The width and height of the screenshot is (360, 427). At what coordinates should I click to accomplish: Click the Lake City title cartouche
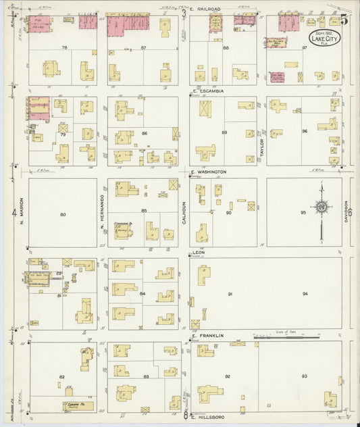[325, 38]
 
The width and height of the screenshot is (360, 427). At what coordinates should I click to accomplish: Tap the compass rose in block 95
[322, 207]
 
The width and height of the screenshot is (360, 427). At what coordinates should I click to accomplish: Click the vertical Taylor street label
[262, 149]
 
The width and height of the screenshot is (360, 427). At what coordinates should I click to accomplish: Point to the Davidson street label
[345, 211]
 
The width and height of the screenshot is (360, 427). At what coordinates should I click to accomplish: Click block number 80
[63, 215]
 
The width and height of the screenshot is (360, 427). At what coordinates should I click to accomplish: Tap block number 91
[230, 294]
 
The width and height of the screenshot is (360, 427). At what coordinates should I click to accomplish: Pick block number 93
[304, 376]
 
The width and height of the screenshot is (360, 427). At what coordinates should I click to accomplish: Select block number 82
[61, 376]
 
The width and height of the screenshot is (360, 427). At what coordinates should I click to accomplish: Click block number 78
[64, 47]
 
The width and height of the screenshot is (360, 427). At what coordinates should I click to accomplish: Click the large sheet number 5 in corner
[344, 19]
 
